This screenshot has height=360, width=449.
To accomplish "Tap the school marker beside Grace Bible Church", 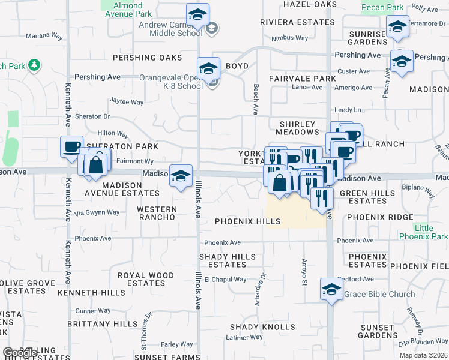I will pyautogui.click(x=331, y=289).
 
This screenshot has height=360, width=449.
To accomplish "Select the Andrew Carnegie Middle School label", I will pyautogui.click(x=171, y=29).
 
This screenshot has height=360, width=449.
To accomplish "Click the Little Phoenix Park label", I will pyautogui.click(x=431, y=232).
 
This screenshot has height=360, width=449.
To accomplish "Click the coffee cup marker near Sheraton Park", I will pyautogui.click(x=71, y=146).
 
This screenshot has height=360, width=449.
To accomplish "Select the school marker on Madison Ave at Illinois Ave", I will pyautogui.click(x=180, y=176).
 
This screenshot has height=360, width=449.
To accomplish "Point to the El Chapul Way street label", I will pyautogui.click(x=225, y=279).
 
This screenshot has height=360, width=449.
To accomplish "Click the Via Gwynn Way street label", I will pyautogui.click(x=97, y=212).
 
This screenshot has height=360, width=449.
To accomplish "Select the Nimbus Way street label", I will pyautogui.click(x=289, y=38).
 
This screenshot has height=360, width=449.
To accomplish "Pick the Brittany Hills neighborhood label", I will pyautogui.click(x=102, y=323).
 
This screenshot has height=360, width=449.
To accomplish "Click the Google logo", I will pyautogui.click(x=20, y=353).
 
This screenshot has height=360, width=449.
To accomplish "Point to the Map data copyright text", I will pyautogui.click(x=423, y=355).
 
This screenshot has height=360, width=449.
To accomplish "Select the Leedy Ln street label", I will pyautogui.click(x=348, y=110).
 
